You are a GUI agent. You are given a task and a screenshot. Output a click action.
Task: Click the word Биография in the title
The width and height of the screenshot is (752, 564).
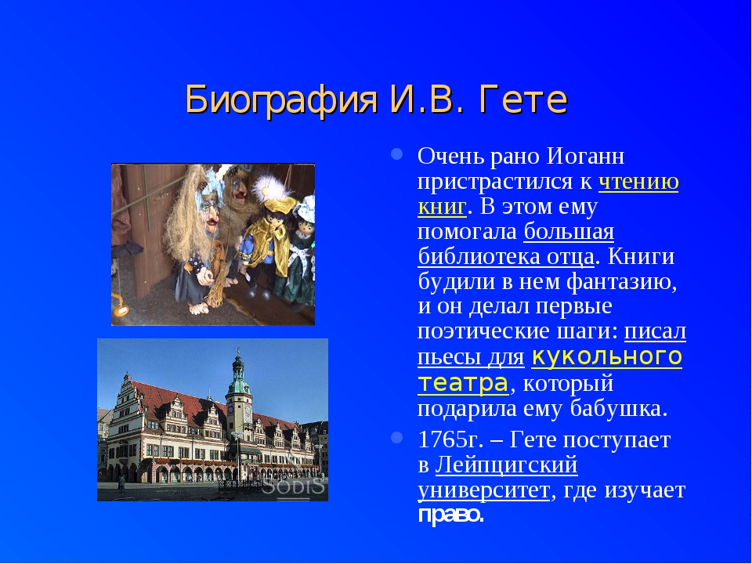pos(281,99)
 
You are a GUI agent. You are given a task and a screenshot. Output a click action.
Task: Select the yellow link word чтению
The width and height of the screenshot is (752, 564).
pos(638,182)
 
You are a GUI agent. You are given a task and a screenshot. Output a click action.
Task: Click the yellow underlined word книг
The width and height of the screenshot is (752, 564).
pos(442,207)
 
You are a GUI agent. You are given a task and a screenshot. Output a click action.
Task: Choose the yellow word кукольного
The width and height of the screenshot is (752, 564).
pos(606,356)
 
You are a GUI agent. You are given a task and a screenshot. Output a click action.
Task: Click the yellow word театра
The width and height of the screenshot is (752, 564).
pos(463,383)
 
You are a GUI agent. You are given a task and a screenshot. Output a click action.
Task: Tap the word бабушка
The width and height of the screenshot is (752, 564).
pos(618,408)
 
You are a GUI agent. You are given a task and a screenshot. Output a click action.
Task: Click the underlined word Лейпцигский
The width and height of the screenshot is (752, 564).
pos(507,465)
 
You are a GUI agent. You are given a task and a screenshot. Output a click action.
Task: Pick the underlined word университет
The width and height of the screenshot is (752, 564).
pos(484,490)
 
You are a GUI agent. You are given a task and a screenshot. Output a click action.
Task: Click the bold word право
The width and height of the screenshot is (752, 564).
pos(450,515)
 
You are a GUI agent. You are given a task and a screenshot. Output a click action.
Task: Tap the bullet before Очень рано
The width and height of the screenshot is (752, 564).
pos(396,154)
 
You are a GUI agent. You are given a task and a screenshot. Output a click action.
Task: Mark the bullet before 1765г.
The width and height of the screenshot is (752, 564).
pos(396,437)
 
